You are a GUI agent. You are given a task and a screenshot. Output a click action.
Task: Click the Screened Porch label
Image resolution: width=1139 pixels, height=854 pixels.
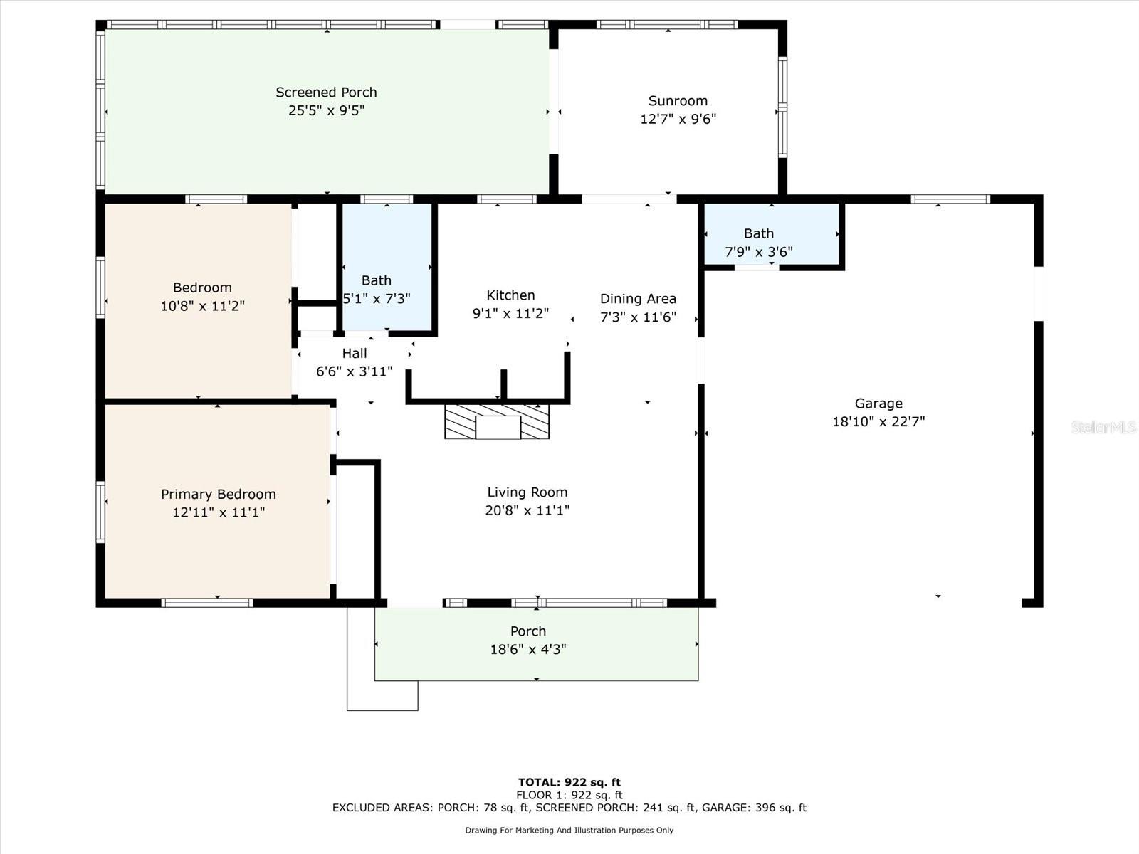[326, 93]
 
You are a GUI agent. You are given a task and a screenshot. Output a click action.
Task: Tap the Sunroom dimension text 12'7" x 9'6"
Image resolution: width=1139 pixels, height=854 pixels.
[678, 119]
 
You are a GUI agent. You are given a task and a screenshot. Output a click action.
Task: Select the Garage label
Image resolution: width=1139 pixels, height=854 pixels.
[878, 404]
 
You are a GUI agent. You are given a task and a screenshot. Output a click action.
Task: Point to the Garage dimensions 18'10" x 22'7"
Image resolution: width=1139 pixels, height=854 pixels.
[878, 421]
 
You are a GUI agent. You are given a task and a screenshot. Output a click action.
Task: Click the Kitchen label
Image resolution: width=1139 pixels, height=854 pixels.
[510, 295]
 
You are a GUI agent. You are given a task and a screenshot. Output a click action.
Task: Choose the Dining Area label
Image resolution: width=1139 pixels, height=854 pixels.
[639, 299]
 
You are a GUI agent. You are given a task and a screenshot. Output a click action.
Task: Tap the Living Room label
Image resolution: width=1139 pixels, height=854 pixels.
[527, 492]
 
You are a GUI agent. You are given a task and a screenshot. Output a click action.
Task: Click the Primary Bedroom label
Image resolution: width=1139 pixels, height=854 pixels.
[219, 494]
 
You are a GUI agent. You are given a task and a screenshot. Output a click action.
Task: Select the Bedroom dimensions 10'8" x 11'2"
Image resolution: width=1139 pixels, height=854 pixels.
[202, 306]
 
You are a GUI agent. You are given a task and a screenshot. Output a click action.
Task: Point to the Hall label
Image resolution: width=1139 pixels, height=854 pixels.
[355, 353]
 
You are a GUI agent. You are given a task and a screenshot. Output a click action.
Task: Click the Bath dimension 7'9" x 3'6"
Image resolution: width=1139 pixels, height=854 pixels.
[759, 252]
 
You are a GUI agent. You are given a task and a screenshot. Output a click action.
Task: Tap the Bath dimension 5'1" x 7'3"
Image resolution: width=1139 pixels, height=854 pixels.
[377, 299]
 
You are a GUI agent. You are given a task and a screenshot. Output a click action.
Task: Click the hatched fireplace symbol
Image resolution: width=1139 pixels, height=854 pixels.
[497, 421]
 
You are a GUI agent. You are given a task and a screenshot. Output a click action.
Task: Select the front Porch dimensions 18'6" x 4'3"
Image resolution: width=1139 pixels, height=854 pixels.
[528, 649]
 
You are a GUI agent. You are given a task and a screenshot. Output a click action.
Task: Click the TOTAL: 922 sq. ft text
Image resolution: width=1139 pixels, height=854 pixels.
[569, 782]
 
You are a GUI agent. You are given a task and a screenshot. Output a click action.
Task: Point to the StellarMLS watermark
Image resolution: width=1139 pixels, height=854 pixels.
[1103, 427]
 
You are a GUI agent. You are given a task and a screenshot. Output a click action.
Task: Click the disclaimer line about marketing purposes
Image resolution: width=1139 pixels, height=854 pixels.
[569, 830]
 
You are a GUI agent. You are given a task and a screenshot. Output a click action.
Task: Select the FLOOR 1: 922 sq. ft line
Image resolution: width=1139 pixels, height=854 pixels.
[569, 795]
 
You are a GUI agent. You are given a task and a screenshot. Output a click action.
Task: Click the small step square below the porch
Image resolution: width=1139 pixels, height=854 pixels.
[382, 695]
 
